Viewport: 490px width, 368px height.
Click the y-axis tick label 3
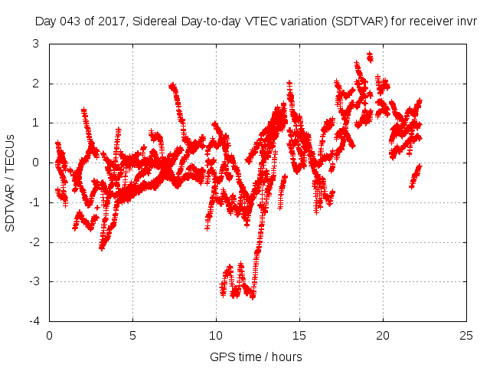tap(36, 44)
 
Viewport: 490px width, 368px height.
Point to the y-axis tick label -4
tap(34, 322)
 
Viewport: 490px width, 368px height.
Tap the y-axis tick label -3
tap(34, 282)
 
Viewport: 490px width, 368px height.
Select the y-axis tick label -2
tap(34, 242)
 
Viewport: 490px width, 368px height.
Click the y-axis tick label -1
tap(34, 202)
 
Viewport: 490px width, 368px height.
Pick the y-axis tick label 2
tap(36, 84)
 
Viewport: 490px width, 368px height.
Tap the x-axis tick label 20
tap(383, 336)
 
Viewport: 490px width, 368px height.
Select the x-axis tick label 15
tap(299, 336)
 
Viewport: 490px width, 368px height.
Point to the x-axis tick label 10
tap(216, 336)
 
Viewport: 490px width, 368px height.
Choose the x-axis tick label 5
tap(132, 336)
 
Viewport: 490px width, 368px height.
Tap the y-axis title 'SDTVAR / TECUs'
tap(11, 182)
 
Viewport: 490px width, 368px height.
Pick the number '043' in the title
tap(74, 22)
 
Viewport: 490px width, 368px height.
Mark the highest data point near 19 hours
tap(370, 55)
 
